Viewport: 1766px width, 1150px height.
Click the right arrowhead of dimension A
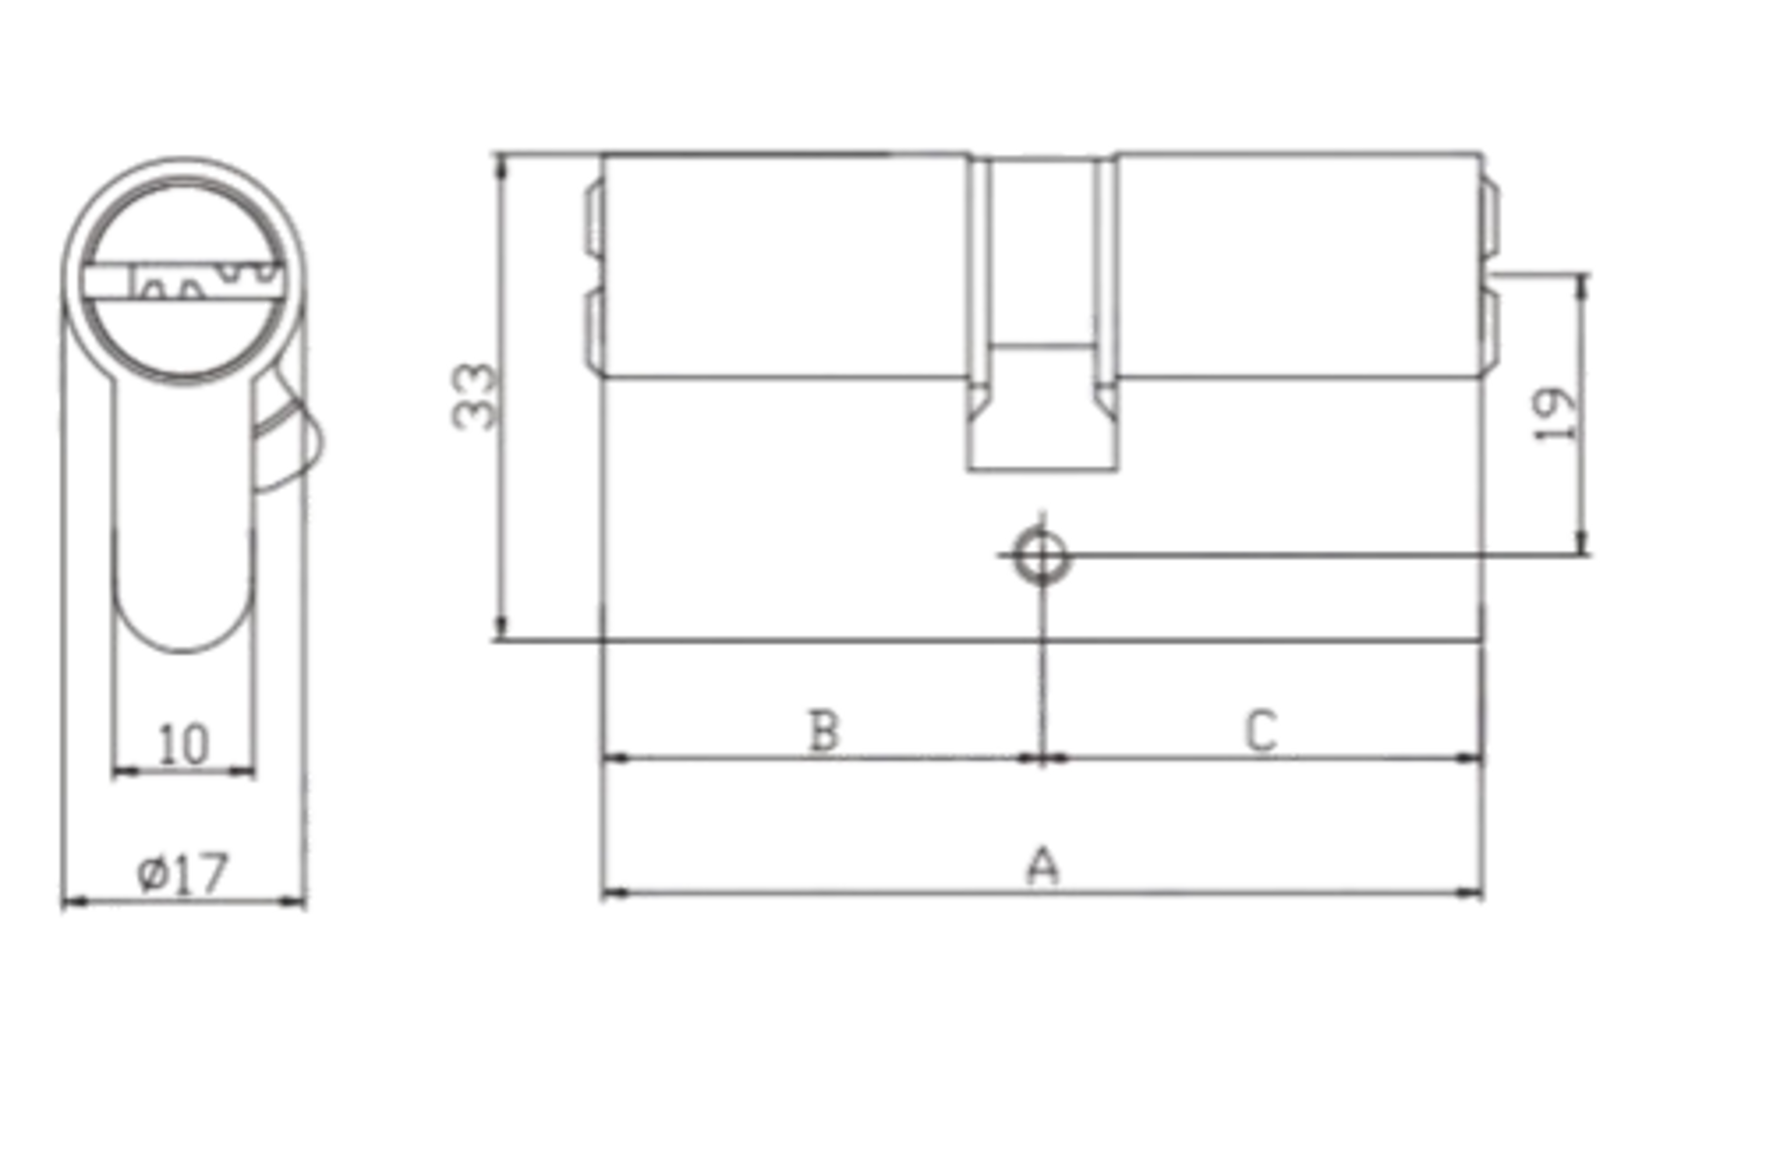coord(1469,893)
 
